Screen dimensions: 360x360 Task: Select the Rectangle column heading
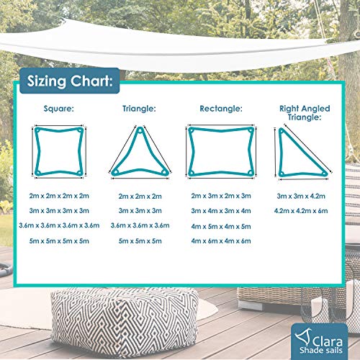[x=221, y=109]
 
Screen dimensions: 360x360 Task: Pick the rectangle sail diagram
[x=221, y=151]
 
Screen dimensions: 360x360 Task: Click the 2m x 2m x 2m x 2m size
[x=59, y=196]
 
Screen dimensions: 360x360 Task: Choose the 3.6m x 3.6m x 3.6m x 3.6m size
[x=59, y=225]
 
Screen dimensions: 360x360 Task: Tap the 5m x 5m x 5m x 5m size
[x=59, y=240]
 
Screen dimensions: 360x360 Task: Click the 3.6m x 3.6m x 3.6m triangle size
[x=140, y=225]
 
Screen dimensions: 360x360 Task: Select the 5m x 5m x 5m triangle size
[x=140, y=240]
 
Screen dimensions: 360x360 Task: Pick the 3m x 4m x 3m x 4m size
[x=221, y=210]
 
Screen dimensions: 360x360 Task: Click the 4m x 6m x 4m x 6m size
[x=221, y=240]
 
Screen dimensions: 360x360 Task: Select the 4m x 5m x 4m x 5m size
[x=221, y=225]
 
